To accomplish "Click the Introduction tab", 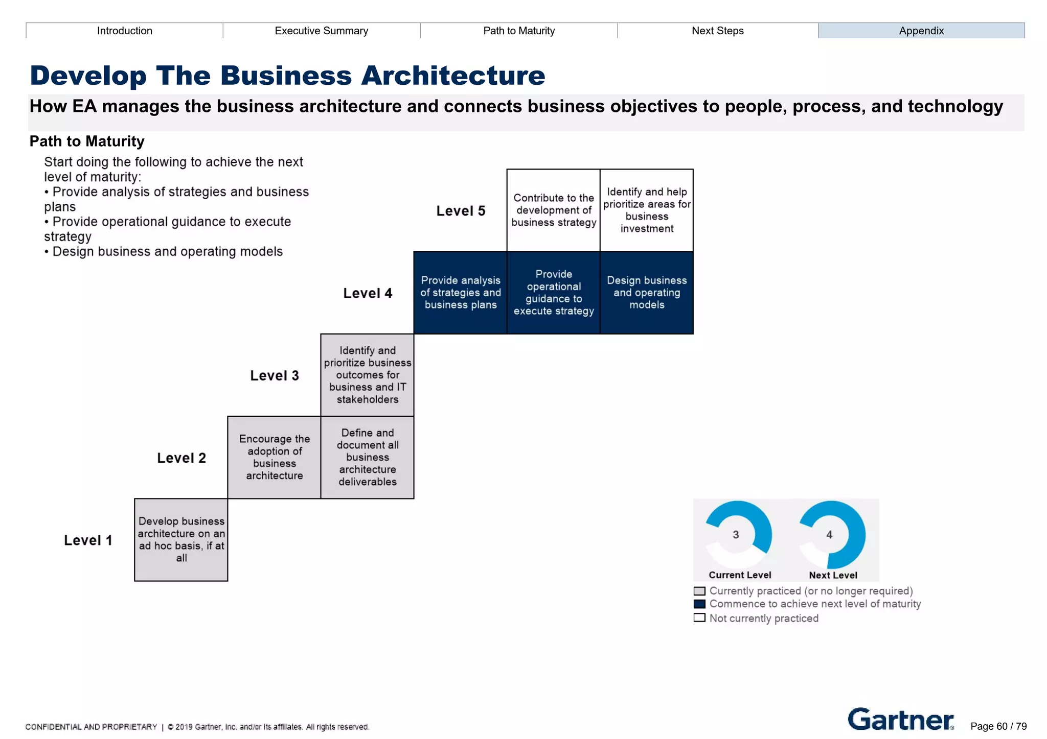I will (x=125, y=31).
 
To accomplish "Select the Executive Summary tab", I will (x=322, y=31).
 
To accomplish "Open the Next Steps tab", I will (x=717, y=31).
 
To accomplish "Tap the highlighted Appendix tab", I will (x=921, y=31).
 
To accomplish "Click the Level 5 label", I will (x=461, y=211).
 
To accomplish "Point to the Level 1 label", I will (x=88, y=540).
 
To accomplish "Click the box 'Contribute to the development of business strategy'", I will (x=554, y=210).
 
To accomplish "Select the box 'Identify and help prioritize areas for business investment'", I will (x=647, y=210).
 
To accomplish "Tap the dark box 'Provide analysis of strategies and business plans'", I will (x=461, y=293).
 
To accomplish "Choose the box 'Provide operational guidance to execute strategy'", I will (x=554, y=293).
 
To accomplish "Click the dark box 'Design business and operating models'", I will (x=647, y=293).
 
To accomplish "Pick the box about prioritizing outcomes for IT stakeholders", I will (x=368, y=375).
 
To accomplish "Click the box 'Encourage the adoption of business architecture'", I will (x=275, y=457).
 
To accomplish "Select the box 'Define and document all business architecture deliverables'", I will (x=368, y=457).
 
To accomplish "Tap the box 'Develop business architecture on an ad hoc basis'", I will (x=181, y=540).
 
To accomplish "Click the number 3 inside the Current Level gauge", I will (x=736, y=535).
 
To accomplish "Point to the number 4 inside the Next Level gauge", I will (x=829, y=535).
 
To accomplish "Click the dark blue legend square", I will (x=699, y=604).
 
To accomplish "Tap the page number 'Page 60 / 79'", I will (x=998, y=726).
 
